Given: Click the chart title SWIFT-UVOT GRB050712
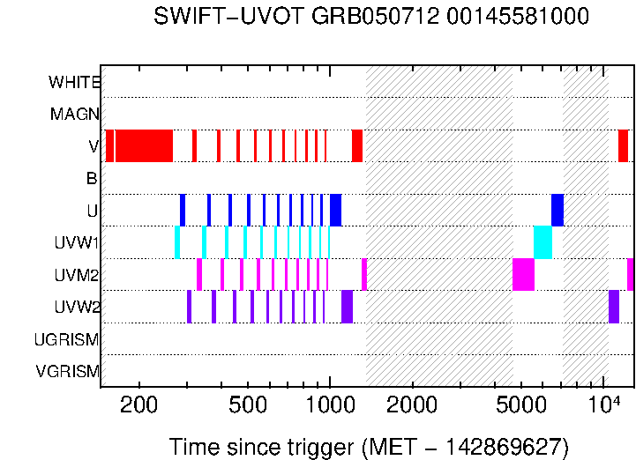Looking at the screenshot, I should click(370, 17).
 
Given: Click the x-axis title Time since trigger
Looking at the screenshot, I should click(369, 447).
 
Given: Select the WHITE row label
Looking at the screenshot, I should click(74, 83).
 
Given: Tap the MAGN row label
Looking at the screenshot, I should click(75, 115).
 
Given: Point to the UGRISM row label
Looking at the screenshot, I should click(66, 339).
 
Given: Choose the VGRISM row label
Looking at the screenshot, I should click(67, 371).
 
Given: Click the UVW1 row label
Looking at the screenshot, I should click(77, 243).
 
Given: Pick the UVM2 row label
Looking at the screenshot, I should click(77, 275).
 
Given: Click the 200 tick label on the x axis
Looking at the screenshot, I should click(138, 405).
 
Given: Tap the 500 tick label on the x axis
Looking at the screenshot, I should click(248, 405).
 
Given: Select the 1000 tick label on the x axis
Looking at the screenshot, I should click(330, 405).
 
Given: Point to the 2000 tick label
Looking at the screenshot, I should click(412, 405).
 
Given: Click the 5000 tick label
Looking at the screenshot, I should click(521, 405).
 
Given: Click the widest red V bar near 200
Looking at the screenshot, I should click(144, 145).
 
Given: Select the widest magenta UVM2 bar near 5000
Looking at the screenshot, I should click(523, 274).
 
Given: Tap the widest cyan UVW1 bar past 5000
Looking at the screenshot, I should click(542, 242).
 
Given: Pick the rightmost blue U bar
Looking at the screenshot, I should click(557, 210).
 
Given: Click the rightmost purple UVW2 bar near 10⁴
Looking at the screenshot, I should click(614, 307).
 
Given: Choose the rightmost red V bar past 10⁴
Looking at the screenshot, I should click(623, 145).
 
